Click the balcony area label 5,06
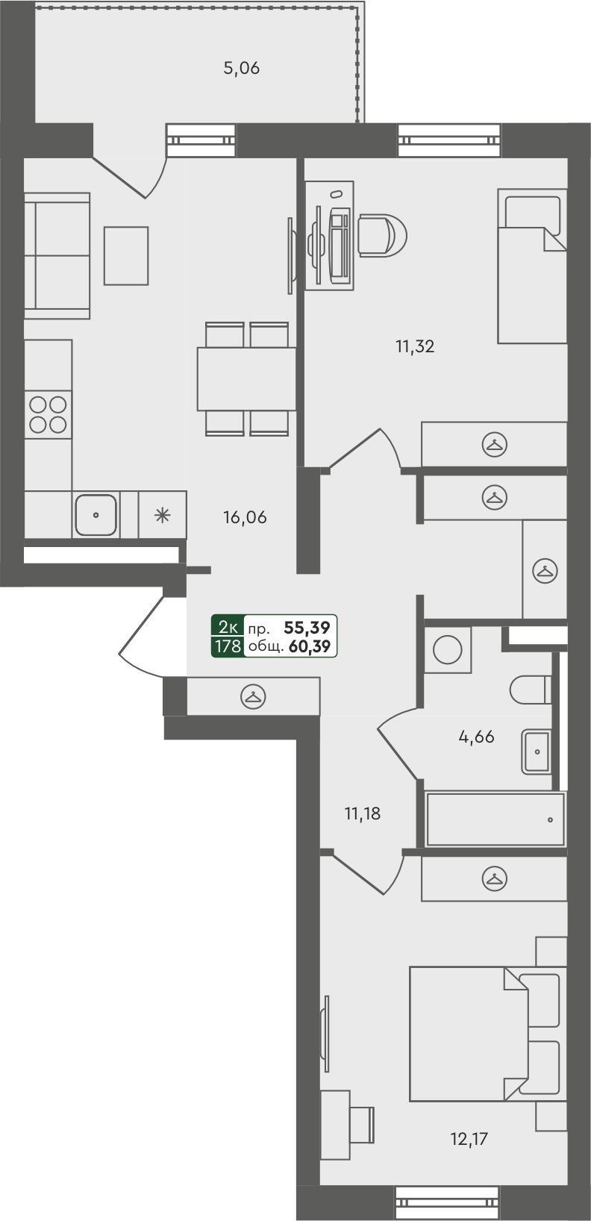click(x=242, y=69)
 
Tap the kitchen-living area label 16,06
click(x=245, y=517)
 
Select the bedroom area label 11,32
click(x=415, y=347)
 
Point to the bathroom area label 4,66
click(x=477, y=737)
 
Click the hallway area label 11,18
click(x=363, y=814)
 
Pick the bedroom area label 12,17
click(x=469, y=1139)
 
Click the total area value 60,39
click(x=310, y=647)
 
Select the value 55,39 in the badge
click(x=307, y=628)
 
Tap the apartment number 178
click(x=228, y=646)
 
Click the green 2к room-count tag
click(x=228, y=626)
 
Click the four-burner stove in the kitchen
click(x=48, y=414)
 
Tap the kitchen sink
click(x=96, y=514)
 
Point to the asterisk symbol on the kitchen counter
click(x=163, y=515)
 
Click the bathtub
click(x=495, y=819)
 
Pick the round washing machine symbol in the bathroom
click(x=447, y=649)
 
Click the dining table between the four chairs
click(x=246, y=379)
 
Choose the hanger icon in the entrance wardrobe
click(x=253, y=696)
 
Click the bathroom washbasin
click(x=535, y=752)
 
